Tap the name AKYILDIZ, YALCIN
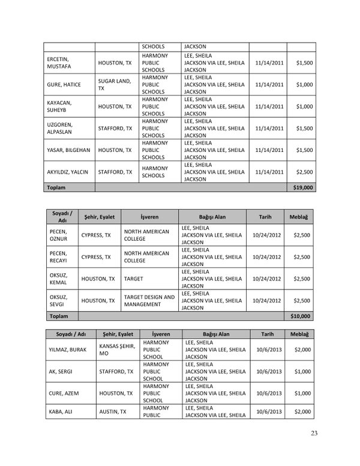67,172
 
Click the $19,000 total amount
302,188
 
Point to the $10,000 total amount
301,315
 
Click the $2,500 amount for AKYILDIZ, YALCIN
304,172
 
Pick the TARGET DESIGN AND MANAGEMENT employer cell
149,300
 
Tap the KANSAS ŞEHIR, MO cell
116,350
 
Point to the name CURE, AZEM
62,393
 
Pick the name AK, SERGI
59,372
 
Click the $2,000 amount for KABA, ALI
303,411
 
